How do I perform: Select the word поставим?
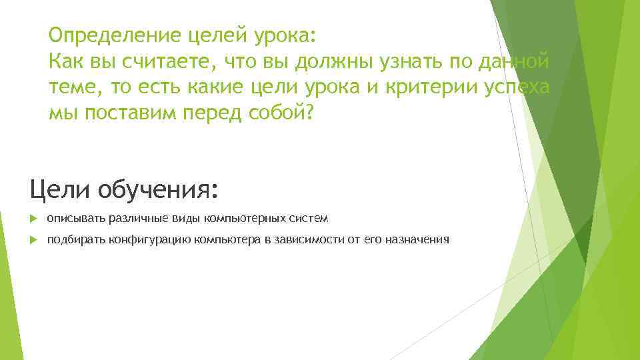pyautogui.click(x=145, y=115)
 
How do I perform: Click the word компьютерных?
pyautogui.click(x=245, y=218)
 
